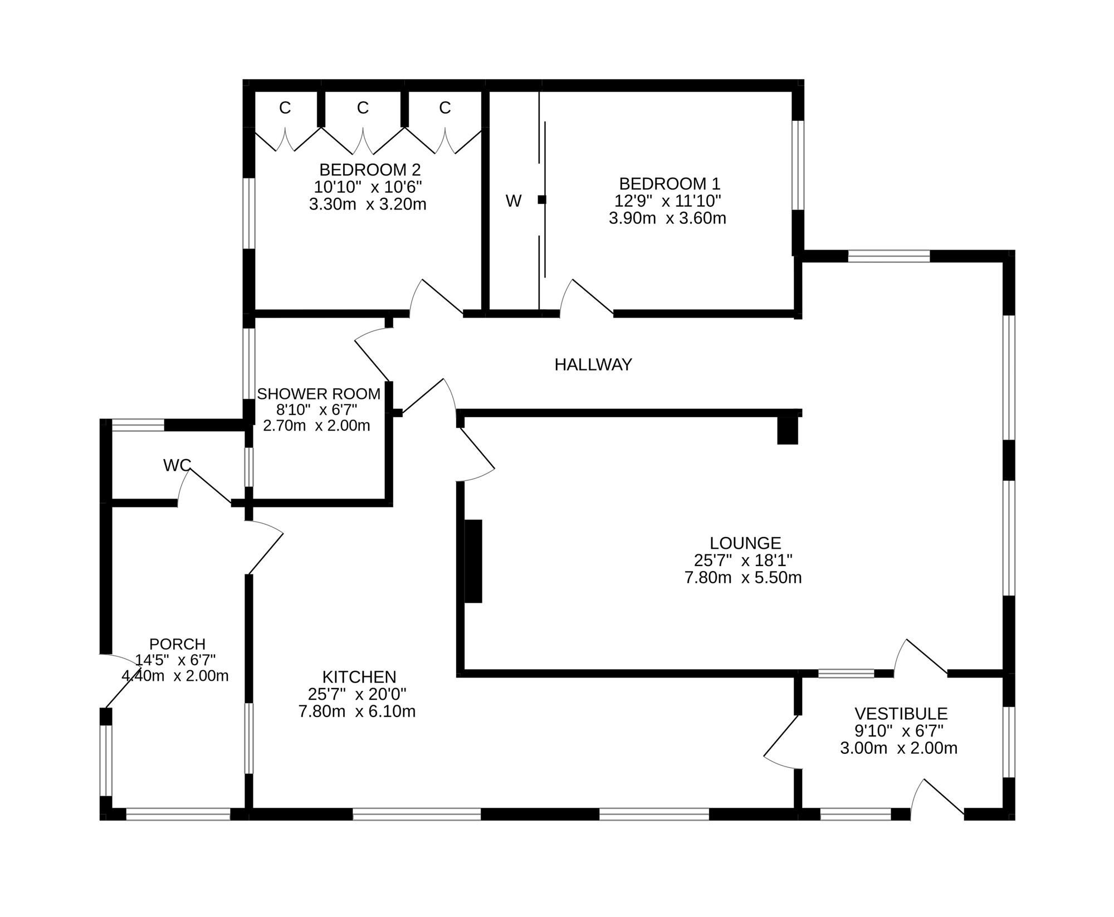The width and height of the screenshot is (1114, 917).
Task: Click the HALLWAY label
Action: (x=593, y=365)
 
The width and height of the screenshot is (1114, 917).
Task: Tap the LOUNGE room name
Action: (x=745, y=543)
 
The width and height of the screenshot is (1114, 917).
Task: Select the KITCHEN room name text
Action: (x=359, y=677)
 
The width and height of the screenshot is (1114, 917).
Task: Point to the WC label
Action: (x=177, y=465)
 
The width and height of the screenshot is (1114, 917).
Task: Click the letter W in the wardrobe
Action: (x=514, y=201)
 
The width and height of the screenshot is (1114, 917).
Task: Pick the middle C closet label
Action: (x=363, y=108)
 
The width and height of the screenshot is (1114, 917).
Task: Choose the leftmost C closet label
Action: (x=285, y=108)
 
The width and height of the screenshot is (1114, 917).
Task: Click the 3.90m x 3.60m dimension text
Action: (x=667, y=218)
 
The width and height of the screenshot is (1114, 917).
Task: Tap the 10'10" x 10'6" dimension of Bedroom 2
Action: (x=368, y=187)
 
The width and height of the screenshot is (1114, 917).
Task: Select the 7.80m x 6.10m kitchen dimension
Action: (x=357, y=711)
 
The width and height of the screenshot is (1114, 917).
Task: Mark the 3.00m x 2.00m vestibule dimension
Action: (x=898, y=748)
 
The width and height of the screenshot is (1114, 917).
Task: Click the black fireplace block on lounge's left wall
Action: (x=473, y=561)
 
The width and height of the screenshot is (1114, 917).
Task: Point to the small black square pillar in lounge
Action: (x=788, y=431)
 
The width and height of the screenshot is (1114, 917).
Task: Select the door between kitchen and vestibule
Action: (x=781, y=741)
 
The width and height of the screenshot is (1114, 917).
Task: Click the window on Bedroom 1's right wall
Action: (x=798, y=165)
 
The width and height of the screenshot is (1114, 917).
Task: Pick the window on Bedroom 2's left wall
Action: (x=249, y=213)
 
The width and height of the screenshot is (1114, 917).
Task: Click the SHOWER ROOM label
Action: (x=319, y=394)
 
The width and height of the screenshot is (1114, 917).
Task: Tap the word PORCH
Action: (x=177, y=644)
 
